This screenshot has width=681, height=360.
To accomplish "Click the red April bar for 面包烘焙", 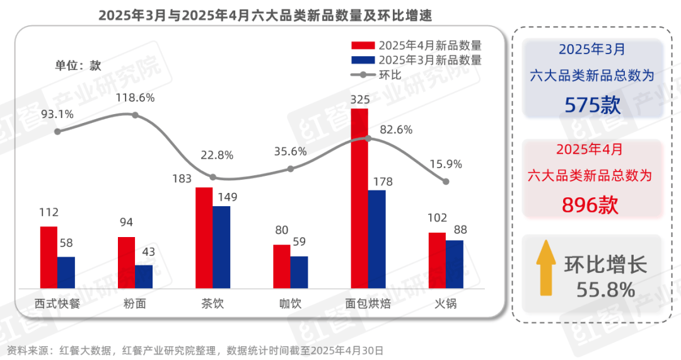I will (x=359, y=199).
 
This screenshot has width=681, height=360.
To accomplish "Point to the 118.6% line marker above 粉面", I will (x=135, y=115).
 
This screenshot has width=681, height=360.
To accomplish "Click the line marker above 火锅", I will (x=446, y=182).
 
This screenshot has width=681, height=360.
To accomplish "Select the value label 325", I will (x=359, y=100).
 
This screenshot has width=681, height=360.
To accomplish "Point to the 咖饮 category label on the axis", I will (x=290, y=304).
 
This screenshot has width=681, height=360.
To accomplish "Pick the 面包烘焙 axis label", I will (x=368, y=304).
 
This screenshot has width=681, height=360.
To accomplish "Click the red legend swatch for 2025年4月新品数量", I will (x=363, y=45).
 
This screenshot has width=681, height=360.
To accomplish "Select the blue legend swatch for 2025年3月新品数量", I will (x=363, y=61).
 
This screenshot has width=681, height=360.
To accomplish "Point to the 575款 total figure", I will (x=592, y=104).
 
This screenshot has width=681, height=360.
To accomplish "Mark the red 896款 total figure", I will (x=591, y=204).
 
